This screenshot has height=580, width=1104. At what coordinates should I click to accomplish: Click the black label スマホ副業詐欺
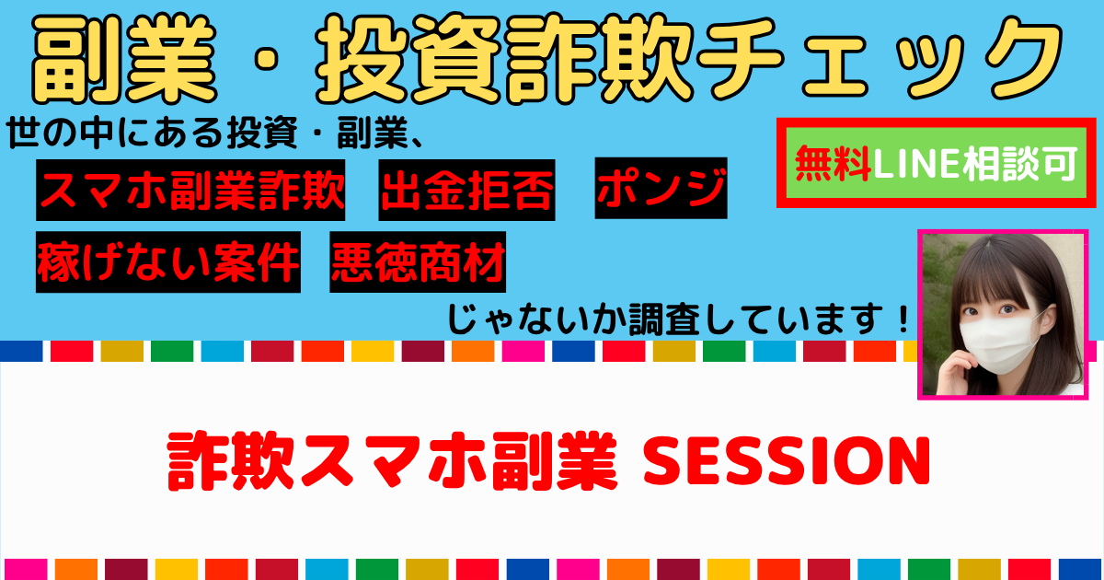[190, 190]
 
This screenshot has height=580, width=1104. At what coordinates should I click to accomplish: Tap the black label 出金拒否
[466, 190]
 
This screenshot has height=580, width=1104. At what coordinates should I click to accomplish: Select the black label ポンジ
[661, 188]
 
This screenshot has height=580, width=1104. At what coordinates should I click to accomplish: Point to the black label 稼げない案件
[168, 261]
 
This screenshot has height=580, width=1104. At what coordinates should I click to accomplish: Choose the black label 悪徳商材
[418, 261]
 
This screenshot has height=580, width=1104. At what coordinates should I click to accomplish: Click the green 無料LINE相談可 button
[937, 163]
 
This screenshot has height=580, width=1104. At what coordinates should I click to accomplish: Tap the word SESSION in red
[787, 461]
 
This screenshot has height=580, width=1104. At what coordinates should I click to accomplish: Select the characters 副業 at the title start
[124, 59]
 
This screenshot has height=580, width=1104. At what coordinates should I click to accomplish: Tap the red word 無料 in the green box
[833, 163]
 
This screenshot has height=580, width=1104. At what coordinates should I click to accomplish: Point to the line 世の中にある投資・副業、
[215, 133]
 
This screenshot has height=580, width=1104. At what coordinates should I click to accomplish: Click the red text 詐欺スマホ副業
[392, 461]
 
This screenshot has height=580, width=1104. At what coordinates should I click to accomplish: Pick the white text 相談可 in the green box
[1019, 163]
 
